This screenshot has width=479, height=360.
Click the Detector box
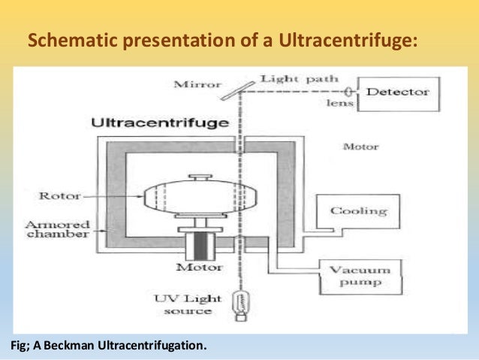pos(396,92)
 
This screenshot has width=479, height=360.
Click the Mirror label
pos(197,84)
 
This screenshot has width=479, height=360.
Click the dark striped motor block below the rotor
pos(196,245)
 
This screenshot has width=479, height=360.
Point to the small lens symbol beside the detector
pos(351,92)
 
